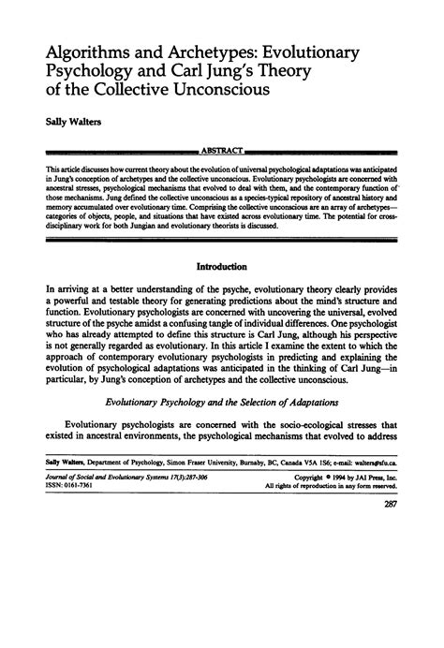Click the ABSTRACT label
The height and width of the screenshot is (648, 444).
pos(221,151)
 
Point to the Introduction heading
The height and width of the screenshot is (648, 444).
pos(222,266)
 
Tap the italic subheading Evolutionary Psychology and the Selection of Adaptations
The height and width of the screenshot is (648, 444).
pos(222,427)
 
